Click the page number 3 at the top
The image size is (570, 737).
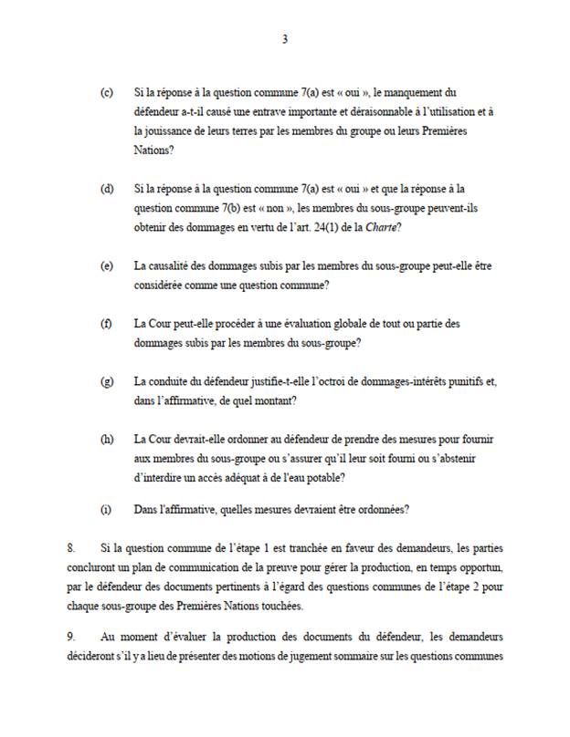[x=286, y=39]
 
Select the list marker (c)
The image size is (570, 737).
[x=107, y=93]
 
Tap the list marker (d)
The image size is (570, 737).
[x=107, y=189]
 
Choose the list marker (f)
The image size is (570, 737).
[x=107, y=324]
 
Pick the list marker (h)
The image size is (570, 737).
[x=107, y=439]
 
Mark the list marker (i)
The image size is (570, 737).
[x=107, y=509]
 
